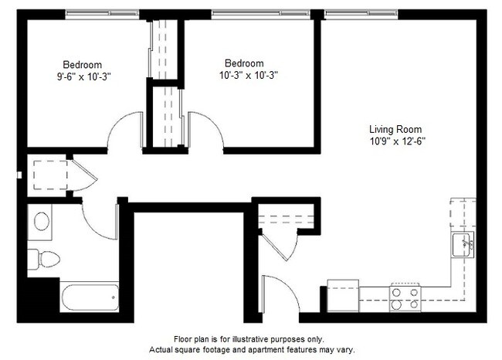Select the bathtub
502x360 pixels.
point(89,297)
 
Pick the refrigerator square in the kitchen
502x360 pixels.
point(342,294)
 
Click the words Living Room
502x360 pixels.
point(395,130)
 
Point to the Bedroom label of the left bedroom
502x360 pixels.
point(82,64)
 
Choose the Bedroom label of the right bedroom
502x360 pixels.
point(244,63)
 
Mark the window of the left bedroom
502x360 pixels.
point(102,13)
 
